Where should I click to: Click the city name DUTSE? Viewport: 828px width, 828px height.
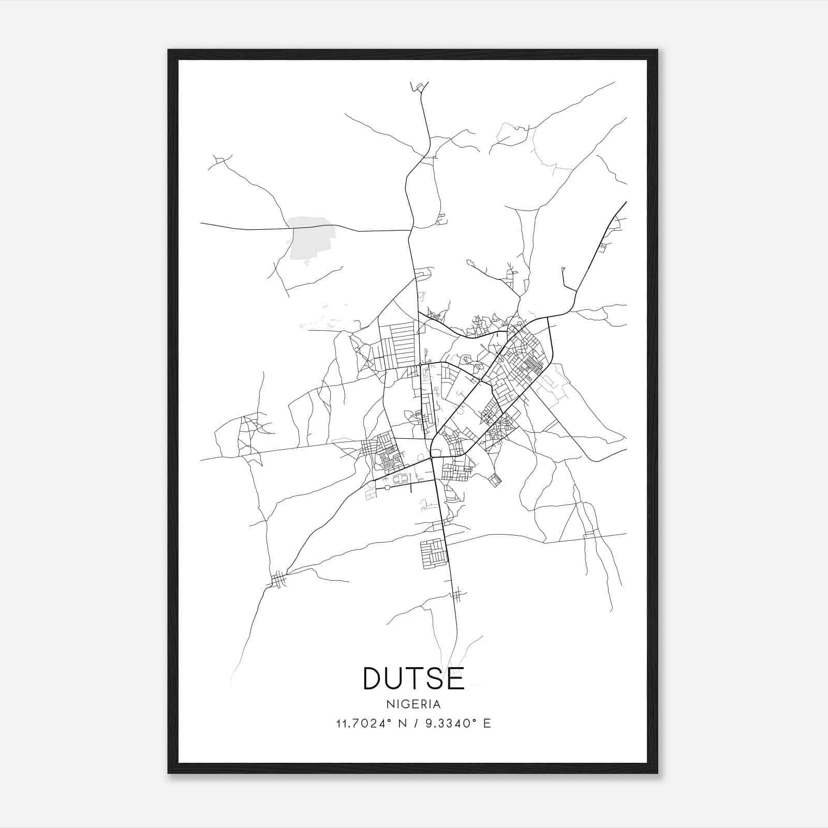click(x=414, y=678)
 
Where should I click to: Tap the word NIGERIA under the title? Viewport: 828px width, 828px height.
click(x=414, y=704)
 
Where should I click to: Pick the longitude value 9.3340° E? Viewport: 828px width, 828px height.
click(x=458, y=723)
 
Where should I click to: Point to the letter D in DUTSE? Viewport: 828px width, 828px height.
click(x=374, y=678)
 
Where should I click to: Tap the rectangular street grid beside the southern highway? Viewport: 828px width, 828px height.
click(x=433, y=553)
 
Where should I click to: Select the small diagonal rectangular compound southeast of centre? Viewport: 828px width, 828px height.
click(x=495, y=480)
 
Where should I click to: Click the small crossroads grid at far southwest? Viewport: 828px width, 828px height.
click(x=278, y=580)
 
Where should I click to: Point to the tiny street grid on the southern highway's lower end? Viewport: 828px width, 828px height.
click(x=456, y=596)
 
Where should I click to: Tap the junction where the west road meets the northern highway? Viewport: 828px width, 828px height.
click(x=410, y=230)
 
